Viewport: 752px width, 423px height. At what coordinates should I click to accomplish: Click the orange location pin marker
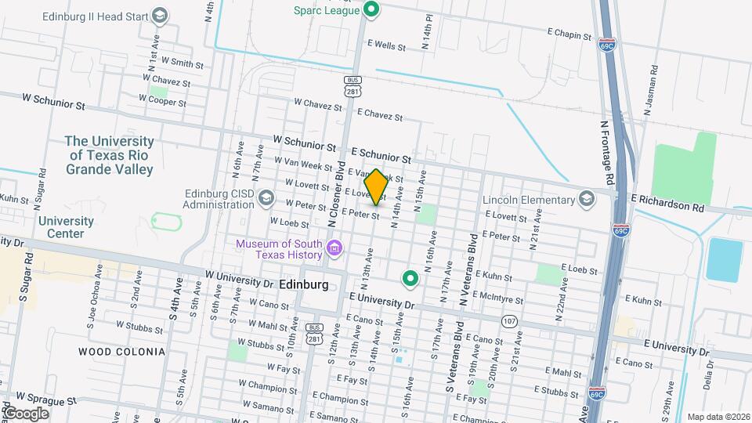[376, 186]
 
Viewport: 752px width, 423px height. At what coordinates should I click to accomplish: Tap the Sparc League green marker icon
[373, 10]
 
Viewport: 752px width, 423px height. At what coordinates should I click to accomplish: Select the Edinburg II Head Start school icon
[160, 16]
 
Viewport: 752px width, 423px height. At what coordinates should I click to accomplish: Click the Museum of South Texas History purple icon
[334, 249]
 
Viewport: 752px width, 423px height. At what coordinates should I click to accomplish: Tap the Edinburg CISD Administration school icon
[268, 199]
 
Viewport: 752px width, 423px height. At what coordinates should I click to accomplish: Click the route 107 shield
[510, 321]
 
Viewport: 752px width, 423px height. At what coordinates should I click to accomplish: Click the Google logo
[25, 413]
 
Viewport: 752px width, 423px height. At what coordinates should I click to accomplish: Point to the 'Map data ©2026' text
[718, 417]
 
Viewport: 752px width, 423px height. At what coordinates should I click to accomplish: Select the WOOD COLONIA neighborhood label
[121, 352]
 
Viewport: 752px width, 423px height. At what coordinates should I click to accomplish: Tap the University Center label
[67, 227]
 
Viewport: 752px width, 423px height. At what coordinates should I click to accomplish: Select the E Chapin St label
[569, 34]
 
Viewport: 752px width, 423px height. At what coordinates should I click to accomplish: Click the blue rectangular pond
[724, 260]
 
